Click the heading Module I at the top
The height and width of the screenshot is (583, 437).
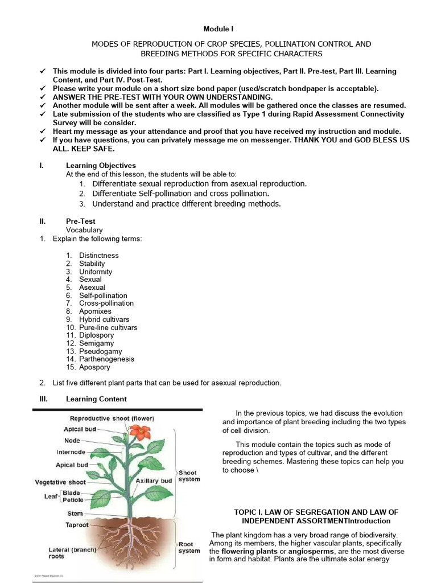pos(218,28)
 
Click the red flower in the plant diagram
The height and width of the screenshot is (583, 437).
pos(138,432)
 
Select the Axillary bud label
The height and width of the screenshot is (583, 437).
pos(154,481)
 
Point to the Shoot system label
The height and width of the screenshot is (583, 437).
pos(189,476)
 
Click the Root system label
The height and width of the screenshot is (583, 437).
pos(189,547)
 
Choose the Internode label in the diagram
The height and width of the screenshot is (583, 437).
pos(71,452)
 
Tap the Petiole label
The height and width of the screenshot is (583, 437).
pos(73,500)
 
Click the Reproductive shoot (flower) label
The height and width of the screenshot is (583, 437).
pos(104,418)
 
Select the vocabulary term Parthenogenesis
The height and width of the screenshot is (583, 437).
pos(106,359)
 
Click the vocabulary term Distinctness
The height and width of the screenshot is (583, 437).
pos(98,256)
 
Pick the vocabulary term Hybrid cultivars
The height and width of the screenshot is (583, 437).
pos(104,319)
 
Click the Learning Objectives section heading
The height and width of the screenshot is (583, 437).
pos(101,166)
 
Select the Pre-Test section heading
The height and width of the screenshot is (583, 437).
pos(81,221)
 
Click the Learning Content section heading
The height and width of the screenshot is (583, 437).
pos(96,399)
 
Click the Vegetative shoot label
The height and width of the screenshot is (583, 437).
pos(61,482)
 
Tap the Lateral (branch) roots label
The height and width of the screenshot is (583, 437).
pos(72,553)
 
